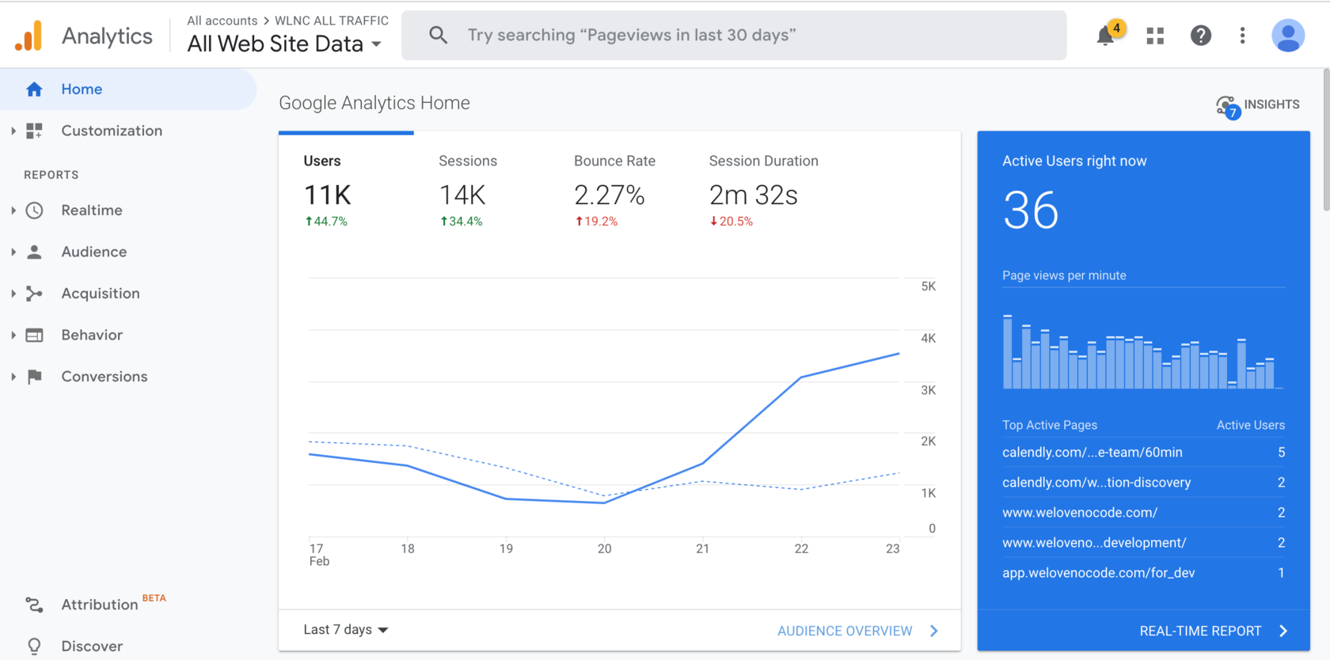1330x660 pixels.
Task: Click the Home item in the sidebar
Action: (x=82, y=89)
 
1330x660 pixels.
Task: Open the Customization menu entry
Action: (x=111, y=131)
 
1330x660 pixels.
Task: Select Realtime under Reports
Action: (x=92, y=211)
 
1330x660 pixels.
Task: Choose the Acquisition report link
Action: (x=101, y=294)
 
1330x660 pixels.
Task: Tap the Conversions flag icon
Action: (x=34, y=377)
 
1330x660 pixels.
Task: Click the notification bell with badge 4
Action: (x=1106, y=36)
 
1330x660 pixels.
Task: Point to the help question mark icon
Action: (x=1200, y=36)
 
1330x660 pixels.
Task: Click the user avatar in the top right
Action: (x=1287, y=36)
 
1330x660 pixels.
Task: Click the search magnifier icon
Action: (x=438, y=35)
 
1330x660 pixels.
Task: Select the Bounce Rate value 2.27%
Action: (x=609, y=195)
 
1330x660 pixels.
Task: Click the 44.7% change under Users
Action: (x=326, y=222)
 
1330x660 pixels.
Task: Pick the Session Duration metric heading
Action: (x=763, y=161)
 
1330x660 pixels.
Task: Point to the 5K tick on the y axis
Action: (x=928, y=286)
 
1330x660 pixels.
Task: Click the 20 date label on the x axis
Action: (x=604, y=548)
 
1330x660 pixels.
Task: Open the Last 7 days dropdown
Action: (x=346, y=630)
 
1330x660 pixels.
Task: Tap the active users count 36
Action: (x=1030, y=211)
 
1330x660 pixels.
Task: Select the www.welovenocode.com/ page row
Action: (x=1080, y=513)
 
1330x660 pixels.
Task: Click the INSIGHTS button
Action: (x=1258, y=104)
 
